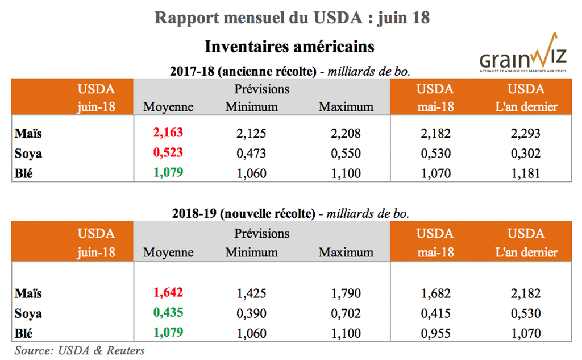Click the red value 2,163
169,134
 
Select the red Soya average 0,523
169,153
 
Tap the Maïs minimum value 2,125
251,134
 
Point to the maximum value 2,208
346,134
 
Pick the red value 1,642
169,293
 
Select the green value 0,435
169,313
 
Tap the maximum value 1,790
346,293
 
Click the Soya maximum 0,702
346,313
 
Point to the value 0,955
435,333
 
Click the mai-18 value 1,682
435,293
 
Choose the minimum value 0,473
251,153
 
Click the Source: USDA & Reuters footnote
80,350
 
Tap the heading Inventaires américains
289,45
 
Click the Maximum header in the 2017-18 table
346,106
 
